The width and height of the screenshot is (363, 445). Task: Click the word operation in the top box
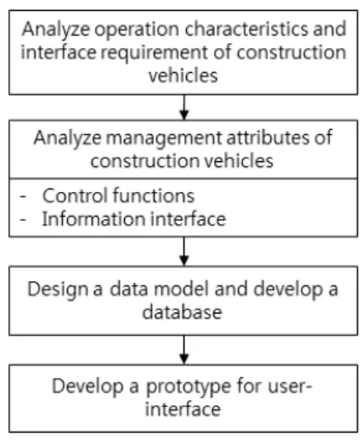click(136, 30)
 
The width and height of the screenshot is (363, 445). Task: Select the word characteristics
click(246, 29)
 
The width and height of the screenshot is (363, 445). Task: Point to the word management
click(164, 139)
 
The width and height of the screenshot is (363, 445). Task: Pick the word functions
click(154, 195)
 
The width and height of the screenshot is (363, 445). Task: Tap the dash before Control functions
click(23, 196)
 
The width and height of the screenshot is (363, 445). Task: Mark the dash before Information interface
click(23, 219)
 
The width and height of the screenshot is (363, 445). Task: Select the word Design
click(58, 290)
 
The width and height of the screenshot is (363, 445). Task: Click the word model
click(182, 289)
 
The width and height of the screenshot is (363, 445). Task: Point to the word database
click(182, 312)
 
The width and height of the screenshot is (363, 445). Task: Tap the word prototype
click(189, 387)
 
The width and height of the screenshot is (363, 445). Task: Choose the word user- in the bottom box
click(289, 386)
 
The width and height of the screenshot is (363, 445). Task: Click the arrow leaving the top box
click(184, 108)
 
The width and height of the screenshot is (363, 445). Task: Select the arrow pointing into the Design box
click(184, 251)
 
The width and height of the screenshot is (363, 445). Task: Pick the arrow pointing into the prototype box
click(184, 350)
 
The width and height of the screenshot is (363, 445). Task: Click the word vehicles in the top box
click(183, 75)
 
